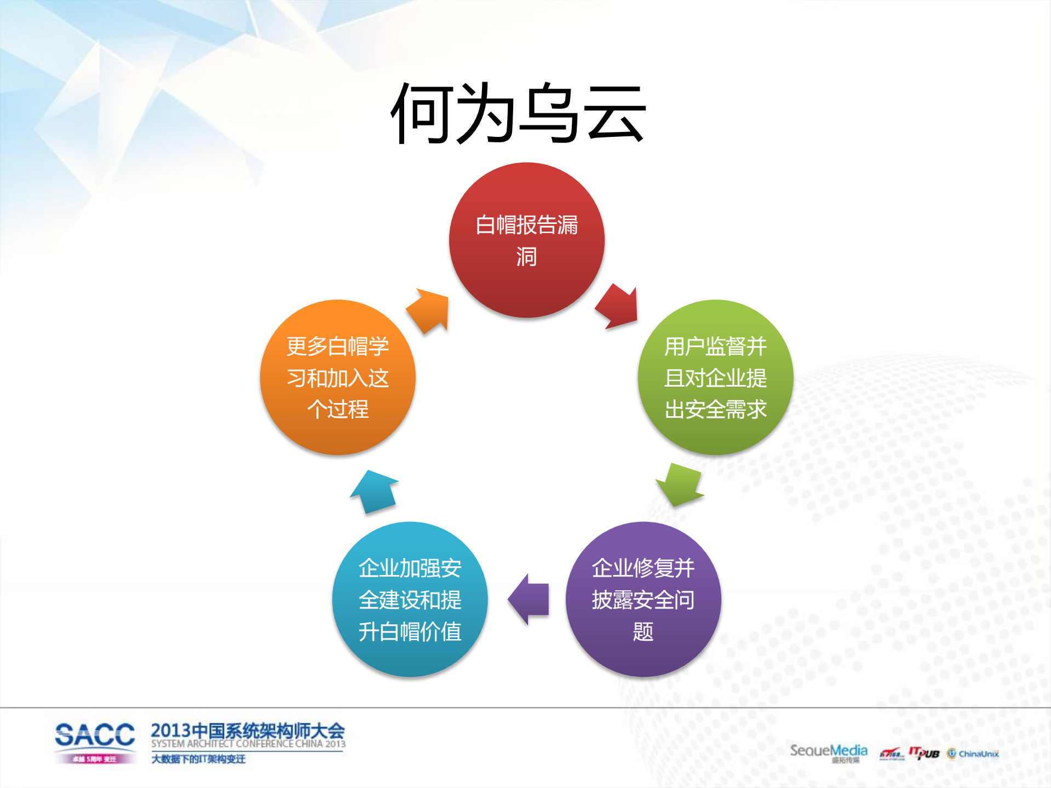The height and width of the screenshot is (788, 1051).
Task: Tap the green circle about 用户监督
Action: tap(715, 377)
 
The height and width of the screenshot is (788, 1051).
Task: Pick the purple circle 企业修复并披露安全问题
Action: tap(643, 599)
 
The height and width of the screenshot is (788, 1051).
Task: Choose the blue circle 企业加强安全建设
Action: tap(410, 599)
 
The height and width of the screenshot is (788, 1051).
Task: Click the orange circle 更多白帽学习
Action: tap(337, 377)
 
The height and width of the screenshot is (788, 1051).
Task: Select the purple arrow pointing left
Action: tap(529, 599)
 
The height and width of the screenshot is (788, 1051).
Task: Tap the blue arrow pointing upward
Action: tap(375, 491)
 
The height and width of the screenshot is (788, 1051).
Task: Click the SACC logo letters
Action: tap(94, 735)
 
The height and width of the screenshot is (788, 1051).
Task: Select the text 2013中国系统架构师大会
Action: tap(248, 730)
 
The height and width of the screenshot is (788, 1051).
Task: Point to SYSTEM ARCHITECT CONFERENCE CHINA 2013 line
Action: tap(248, 744)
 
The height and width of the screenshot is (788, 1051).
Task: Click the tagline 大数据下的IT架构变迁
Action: tap(198, 759)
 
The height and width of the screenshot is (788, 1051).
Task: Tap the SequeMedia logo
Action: tap(828, 751)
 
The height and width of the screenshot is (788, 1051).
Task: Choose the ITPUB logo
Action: tap(924, 754)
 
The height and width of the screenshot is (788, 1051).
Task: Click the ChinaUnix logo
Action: tap(973, 754)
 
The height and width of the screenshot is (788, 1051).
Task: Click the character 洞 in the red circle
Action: tap(526, 257)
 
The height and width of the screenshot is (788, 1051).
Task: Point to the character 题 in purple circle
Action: tap(643, 632)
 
